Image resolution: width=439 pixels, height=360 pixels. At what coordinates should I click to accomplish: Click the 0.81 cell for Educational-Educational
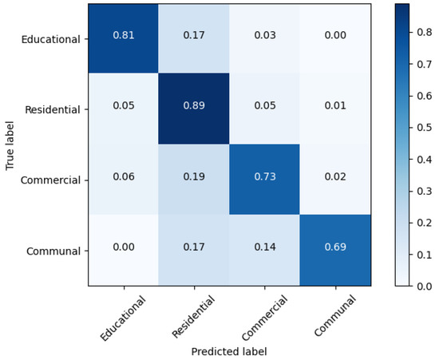coord(123,38)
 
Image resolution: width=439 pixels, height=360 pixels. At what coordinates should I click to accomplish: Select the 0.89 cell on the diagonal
coord(193,109)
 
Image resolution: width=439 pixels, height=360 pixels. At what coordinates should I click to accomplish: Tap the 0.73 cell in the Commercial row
coord(264,180)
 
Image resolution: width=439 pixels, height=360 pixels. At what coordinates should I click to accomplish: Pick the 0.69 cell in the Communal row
coord(335,251)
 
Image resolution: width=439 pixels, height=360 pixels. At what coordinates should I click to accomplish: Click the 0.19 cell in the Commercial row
coord(193,180)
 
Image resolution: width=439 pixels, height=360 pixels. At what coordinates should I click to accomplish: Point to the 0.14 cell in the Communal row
coord(264,251)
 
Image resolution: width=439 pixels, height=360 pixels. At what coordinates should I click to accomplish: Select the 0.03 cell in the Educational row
coord(264,38)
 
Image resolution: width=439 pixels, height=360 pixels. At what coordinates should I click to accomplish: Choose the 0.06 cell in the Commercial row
coord(123,180)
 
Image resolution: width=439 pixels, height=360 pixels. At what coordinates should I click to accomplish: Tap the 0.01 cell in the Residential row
coord(335,109)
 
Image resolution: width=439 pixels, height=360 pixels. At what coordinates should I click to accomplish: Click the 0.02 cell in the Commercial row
coord(335,180)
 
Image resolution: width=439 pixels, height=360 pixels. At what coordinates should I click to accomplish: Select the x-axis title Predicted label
coord(229,351)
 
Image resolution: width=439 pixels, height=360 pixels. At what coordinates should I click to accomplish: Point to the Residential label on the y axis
coord(53,109)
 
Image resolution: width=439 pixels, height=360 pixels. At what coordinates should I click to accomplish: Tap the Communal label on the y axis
coord(55,251)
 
